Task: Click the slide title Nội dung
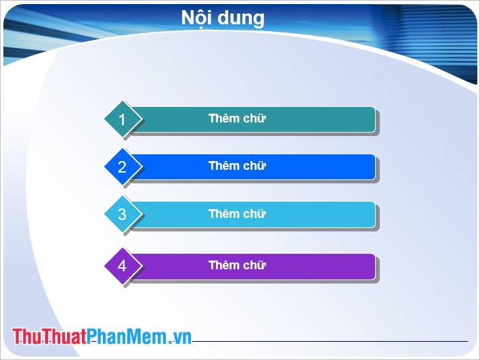(x=223, y=18)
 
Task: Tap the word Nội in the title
(x=196, y=18)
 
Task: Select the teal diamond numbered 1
(x=122, y=120)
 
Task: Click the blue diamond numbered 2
(x=122, y=167)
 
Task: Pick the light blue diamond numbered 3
(x=122, y=215)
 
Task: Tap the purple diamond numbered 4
(x=122, y=266)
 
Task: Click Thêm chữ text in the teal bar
(x=237, y=118)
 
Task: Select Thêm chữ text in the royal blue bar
(x=237, y=166)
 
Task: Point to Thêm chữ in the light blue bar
(x=237, y=214)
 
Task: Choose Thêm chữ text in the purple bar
(x=237, y=265)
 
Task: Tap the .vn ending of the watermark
(x=180, y=338)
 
